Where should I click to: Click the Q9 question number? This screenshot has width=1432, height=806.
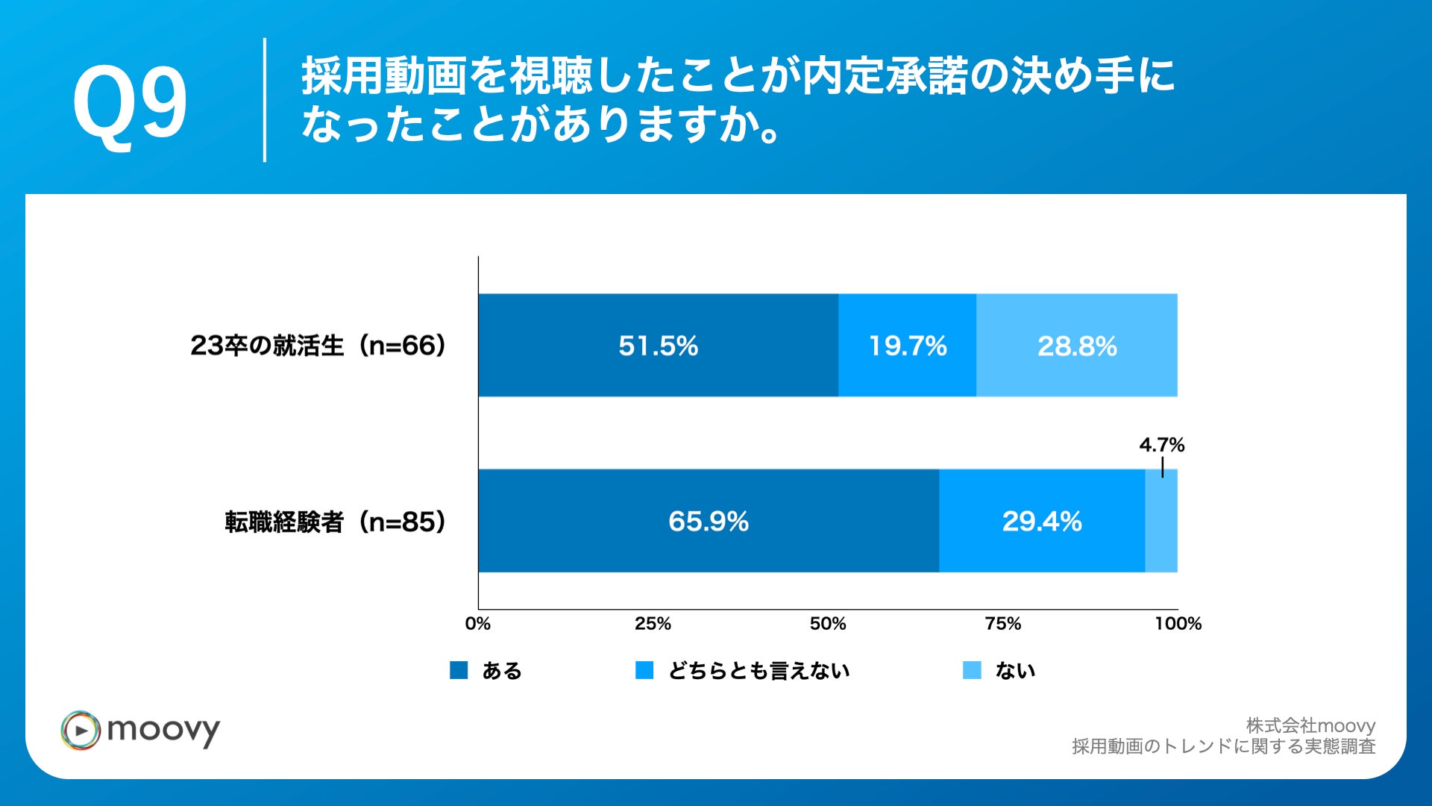pyautogui.click(x=130, y=102)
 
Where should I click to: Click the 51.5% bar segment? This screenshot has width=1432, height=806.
pyautogui.click(x=658, y=346)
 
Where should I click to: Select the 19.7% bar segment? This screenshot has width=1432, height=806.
pyautogui.click(x=907, y=346)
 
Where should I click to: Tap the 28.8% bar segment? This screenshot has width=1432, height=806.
pyautogui.click(x=1076, y=346)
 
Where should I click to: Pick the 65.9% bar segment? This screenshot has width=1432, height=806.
pyautogui.click(x=708, y=521)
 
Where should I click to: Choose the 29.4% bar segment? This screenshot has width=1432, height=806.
pyautogui.click(x=1041, y=521)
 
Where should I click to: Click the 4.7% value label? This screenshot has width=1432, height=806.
pyautogui.click(x=1161, y=445)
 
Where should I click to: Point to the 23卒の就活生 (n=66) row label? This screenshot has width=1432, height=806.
pyautogui.click(x=318, y=346)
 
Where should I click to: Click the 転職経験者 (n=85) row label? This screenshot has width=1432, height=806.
pyautogui.click(x=336, y=522)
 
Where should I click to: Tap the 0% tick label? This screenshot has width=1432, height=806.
pyautogui.click(x=477, y=624)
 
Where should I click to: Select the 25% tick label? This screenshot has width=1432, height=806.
pyautogui.click(x=653, y=624)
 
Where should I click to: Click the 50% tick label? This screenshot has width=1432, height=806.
pyautogui.click(x=828, y=624)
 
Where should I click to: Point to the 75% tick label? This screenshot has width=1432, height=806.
pyautogui.click(x=1002, y=624)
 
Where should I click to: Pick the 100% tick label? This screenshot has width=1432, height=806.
pyautogui.click(x=1178, y=624)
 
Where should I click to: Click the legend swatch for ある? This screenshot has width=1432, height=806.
pyautogui.click(x=459, y=670)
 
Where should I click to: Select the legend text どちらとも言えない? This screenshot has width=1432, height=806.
pyautogui.click(x=759, y=671)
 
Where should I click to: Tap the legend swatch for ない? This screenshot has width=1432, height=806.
pyautogui.click(x=972, y=670)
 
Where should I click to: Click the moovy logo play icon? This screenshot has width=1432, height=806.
pyautogui.click(x=81, y=730)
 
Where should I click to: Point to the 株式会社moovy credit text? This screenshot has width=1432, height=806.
pyautogui.click(x=1310, y=725)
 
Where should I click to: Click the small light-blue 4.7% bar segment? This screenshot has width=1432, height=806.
pyautogui.click(x=1161, y=521)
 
